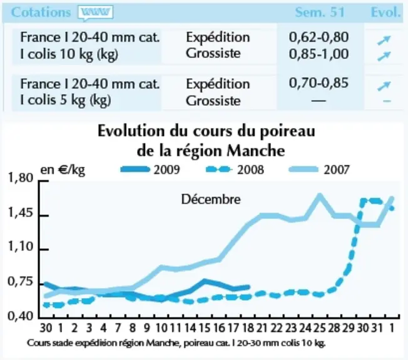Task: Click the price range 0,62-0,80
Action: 319,37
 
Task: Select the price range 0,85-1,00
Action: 319,54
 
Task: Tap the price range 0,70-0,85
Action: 319,83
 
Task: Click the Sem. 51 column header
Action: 320,12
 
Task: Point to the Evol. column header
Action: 385,12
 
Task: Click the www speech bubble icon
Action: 95,13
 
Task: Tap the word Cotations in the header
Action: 41,12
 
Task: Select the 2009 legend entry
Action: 150,170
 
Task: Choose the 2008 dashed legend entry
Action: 235,170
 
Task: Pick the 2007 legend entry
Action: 319,170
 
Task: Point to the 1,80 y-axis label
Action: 21,178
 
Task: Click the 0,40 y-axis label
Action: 21,316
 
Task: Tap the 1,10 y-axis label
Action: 21,246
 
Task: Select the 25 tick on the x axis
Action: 320,327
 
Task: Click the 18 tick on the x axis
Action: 248,327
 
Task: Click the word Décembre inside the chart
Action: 211,199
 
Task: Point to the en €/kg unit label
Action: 63,170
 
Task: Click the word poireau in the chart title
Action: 287,131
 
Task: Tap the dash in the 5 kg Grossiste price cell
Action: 319,101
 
